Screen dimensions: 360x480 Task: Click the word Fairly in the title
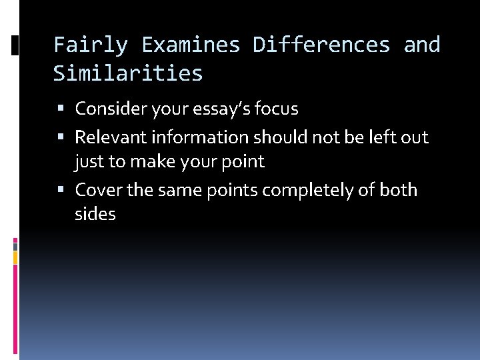click(x=90, y=45)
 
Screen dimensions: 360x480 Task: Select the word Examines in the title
click(x=191, y=45)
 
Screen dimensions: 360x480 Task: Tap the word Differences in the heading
click(x=321, y=45)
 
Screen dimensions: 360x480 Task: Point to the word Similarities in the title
click(x=128, y=73)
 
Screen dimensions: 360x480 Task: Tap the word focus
click(x=277, y=108)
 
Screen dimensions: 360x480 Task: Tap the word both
click(x=398, y=190)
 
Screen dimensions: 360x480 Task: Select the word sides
click(x=95, y=214)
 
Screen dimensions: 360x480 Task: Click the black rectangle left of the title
click(x=15, y=45)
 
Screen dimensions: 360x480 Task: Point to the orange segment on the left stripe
click(x=15, y=257)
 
